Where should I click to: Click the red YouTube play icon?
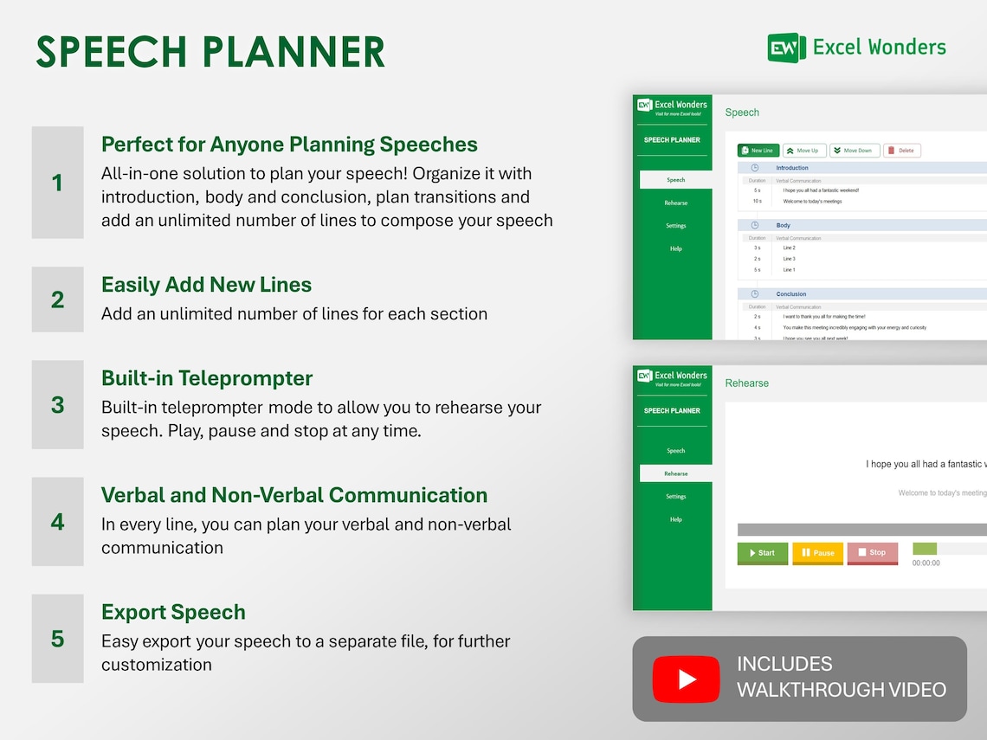tap(686, 679)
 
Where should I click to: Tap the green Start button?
tap(763, 553)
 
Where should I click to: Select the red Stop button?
tap(872, 553)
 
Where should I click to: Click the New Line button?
tap(758, 151)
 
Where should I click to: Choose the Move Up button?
tap(804, 151)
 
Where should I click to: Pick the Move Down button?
tap(855, 151)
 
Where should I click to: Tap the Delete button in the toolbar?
tap(901, 151)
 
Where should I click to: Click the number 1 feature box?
tap(58, 183)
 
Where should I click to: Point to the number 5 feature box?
tap(58, 639)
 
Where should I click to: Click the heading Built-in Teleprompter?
tap(207, 378)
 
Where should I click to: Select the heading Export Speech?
tap(173, 612)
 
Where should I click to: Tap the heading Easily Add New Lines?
tap(206, 285)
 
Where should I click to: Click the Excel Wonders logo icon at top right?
tap(786, 48)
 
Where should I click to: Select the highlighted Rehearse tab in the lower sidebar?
tap(675, 473)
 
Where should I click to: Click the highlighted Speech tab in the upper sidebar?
tap(675, 180)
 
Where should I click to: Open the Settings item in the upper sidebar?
tap(675, 226)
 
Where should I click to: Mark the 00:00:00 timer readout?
tap(926, 563)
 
